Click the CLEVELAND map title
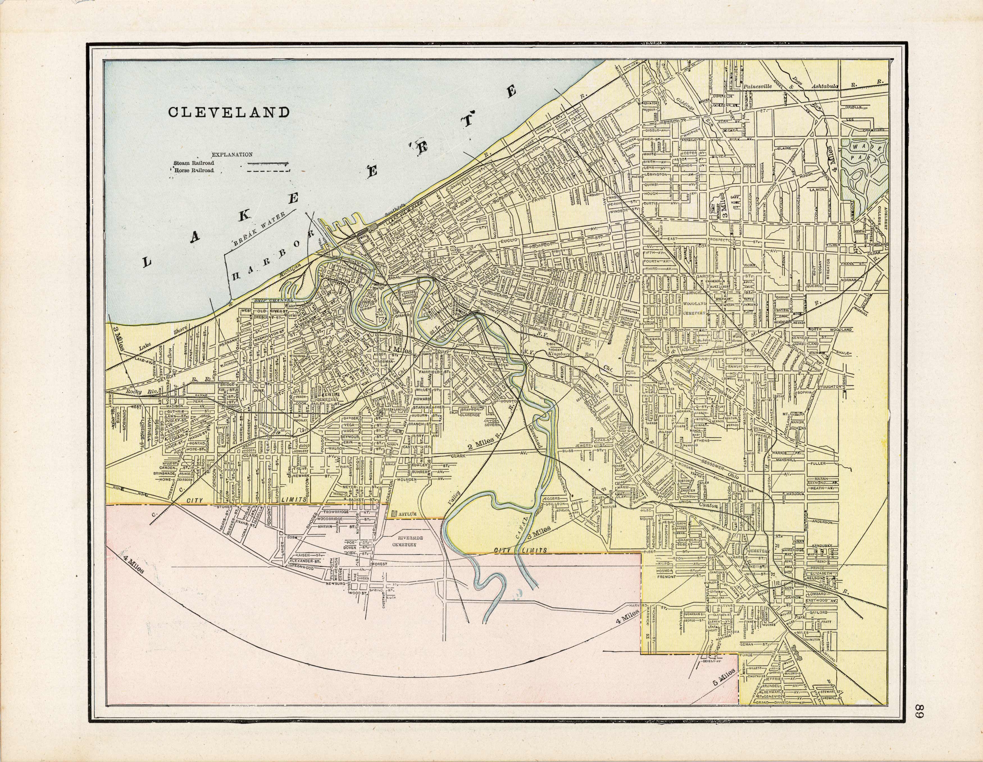[229, 112]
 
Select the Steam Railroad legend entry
[194, 163]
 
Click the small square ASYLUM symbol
[395, 514]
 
